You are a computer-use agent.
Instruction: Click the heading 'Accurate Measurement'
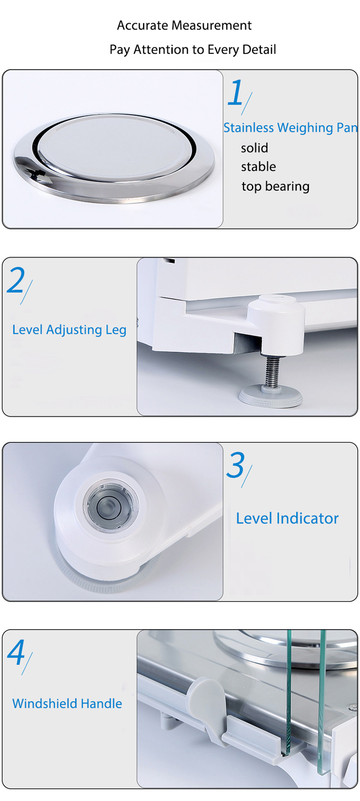tap(184, 25)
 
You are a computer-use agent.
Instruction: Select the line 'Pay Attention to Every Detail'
tap(192, 49)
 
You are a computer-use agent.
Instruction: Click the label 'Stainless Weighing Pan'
tap(290, 128)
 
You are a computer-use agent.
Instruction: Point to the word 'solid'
tap(254, 148)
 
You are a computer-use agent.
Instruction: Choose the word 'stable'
tap(258, 167)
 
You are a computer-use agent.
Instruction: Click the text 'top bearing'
tap(275, 186)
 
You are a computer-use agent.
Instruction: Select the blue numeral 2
tap(16, 280)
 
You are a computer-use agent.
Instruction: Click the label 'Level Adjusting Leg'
tap(69, 330)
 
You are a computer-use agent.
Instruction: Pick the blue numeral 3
tap(236, 466)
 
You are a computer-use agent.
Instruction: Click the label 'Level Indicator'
tap(287, 518)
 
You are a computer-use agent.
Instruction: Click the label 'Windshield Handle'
tap(67, 704)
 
